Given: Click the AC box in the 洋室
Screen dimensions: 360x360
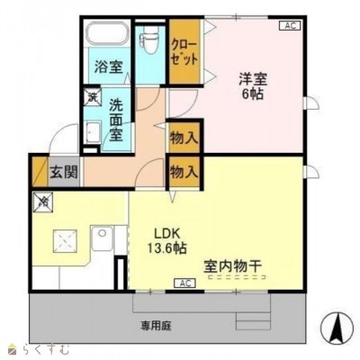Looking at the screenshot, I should pos(290,25).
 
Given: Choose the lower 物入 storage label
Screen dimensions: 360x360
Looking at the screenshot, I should pos(184,171).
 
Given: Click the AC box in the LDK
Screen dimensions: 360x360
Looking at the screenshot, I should pos(184,284).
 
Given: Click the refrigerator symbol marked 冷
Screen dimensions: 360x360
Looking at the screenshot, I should pos(42,202).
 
